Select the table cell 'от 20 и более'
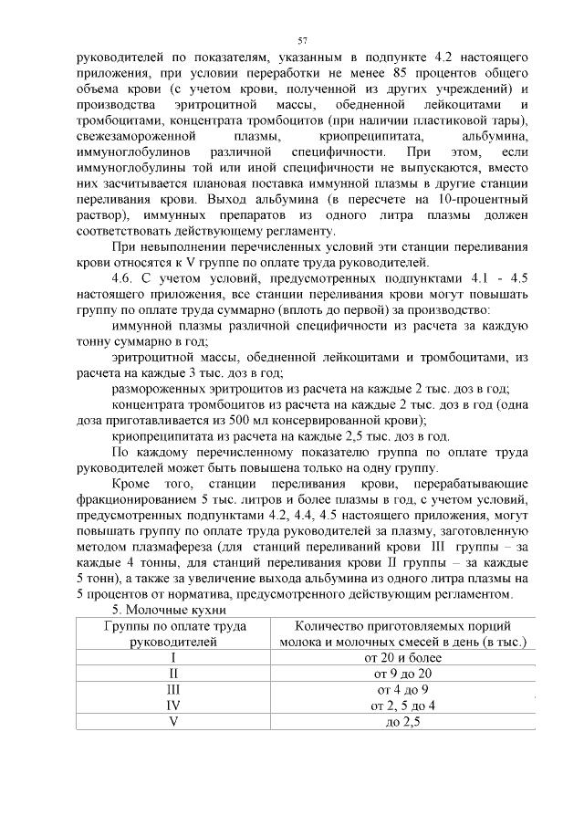point(402,656)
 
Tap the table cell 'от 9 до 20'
point(402,673)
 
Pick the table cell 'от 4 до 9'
point(402,689)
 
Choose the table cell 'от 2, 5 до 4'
point(402,706)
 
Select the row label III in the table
point(172,689)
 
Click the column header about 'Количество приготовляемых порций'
point(402,633)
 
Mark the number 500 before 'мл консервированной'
point(269,420)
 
